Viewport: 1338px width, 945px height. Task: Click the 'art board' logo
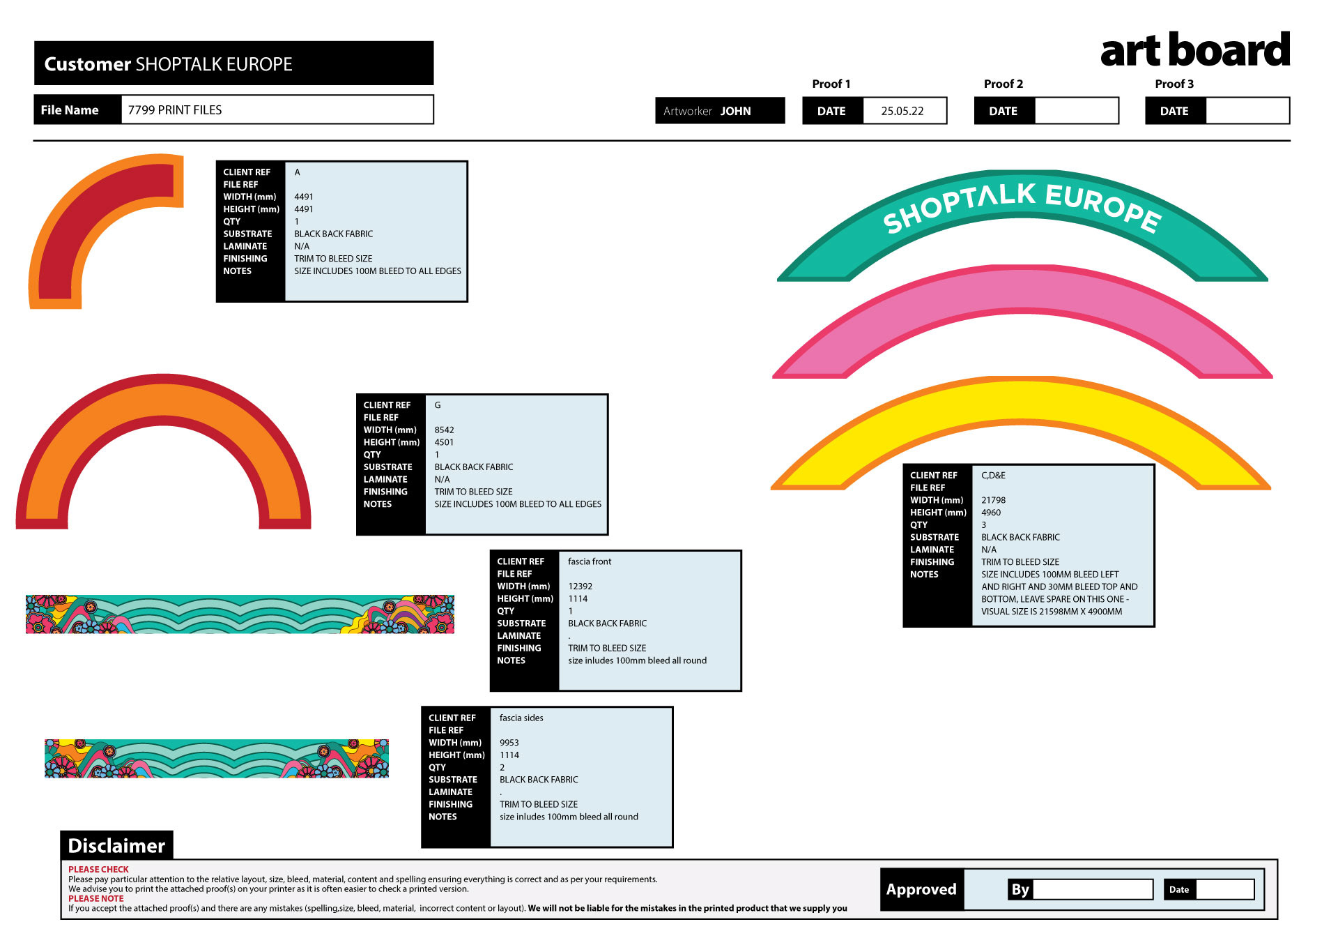[x=1195, y=50]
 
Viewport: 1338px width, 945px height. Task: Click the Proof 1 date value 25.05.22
[x=902, y=111]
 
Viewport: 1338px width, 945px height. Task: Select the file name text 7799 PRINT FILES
[x=175, y=110]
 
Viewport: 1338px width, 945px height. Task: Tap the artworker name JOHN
[x=735, y=111]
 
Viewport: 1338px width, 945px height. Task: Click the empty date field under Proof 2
[x=1076, y=111]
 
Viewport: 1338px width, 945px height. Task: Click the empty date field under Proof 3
[x=1247, y=111]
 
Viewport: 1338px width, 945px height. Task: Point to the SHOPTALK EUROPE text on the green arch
[x=1022, y=206]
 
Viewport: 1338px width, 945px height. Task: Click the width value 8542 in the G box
[x=444, y=430]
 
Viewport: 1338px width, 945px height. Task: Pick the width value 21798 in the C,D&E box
[x=993, y=500]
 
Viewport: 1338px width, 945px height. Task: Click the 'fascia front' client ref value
[x=590, y=561]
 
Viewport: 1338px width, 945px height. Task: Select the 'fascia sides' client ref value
[x=521, y=718]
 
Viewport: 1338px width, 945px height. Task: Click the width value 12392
[x=580, y=587]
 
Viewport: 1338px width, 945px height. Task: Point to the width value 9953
[x=509, y=743]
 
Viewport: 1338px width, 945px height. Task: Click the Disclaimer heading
[x=116, y=846]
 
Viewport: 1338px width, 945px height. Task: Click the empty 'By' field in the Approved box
[x=1093, y=889]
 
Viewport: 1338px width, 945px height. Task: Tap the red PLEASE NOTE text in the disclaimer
[x=96, y=898]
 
